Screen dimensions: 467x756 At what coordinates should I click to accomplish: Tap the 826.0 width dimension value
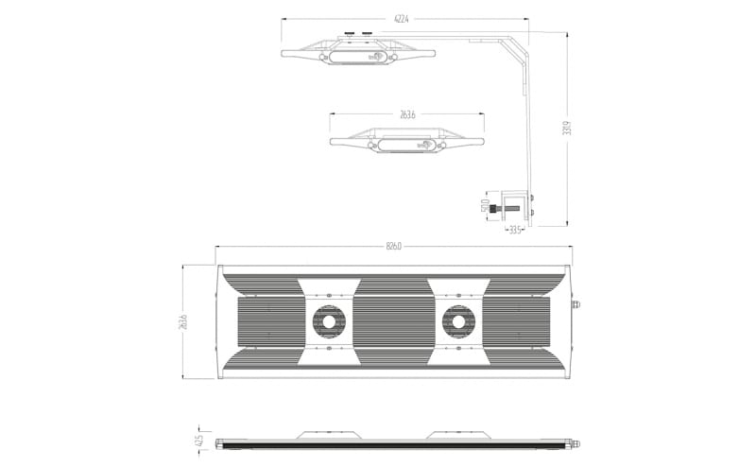(394, 247)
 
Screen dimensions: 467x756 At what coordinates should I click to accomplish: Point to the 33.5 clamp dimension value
(515, 229)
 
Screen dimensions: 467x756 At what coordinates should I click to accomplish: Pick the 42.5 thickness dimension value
(199, 441)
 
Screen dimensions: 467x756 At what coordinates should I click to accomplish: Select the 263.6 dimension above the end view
(407, 114)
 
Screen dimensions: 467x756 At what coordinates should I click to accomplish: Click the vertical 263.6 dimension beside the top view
(185, 321)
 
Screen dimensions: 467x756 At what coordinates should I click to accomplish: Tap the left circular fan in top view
(329, 322)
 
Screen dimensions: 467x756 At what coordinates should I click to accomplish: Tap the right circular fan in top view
(459, 322)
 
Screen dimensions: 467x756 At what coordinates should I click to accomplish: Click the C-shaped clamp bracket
(516, 206)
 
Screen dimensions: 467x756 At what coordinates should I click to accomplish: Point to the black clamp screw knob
(498, 211)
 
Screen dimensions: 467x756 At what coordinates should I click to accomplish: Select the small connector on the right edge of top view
(578, 305)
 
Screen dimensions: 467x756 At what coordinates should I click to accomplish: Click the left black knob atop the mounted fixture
(350, 34)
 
